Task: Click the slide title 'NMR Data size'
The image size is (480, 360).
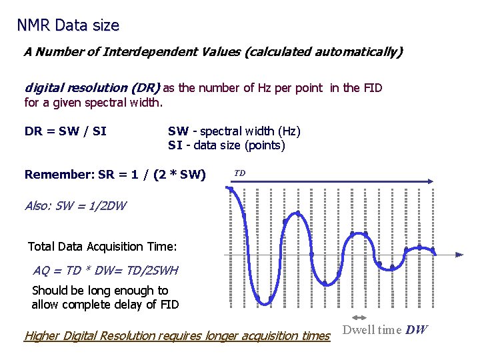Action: coord(68,25)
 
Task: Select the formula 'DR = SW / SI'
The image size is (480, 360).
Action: coord(65,131)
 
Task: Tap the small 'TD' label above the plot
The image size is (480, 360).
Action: coord(240,173)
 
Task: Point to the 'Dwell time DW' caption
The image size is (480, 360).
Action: coord(385,330)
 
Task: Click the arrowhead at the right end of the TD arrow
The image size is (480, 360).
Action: coord(433,181)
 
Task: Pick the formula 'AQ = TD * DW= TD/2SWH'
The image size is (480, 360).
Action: coord(105,271)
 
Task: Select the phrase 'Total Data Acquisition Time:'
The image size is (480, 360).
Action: coord(102,247)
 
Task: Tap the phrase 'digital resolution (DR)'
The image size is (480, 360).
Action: coord(92,87)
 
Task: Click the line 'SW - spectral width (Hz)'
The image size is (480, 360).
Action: coord(234,131)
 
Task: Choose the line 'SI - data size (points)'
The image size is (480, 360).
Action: coord(227,145)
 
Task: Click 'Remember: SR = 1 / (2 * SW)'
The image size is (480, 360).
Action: coord(115,175)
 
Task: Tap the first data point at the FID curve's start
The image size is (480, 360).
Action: coord(231,189)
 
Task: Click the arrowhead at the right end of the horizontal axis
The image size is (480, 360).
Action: coord(459,255)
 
